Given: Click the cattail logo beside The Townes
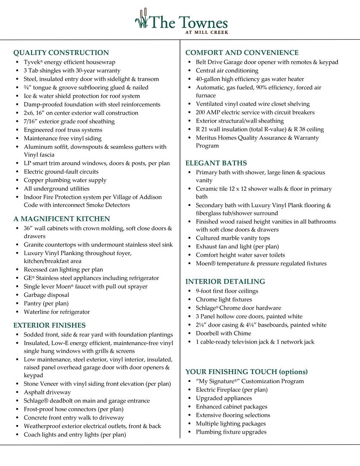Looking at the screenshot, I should point(141,19).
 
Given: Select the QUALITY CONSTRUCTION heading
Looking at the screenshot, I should point(61,53).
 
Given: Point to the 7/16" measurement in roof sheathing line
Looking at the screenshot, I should point(31,121).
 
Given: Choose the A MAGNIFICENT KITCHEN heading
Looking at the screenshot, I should point(62,219).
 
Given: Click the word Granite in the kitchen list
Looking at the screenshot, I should point(34,245).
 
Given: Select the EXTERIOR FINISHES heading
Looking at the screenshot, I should point(50,325).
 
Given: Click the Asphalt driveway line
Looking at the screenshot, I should point(47,392).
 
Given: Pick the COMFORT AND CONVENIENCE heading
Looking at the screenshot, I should point(242,53).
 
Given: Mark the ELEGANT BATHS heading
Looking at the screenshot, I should point(216,163).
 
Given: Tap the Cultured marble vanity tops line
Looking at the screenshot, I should point(233,238).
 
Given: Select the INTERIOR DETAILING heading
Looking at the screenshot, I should point(225,282).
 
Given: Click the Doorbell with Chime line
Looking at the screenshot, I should point(223,334).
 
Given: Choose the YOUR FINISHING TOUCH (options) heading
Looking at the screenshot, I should point(247,372).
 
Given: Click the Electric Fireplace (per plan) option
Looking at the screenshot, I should point(232,390).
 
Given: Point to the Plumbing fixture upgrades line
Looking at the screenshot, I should point(231,432).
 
